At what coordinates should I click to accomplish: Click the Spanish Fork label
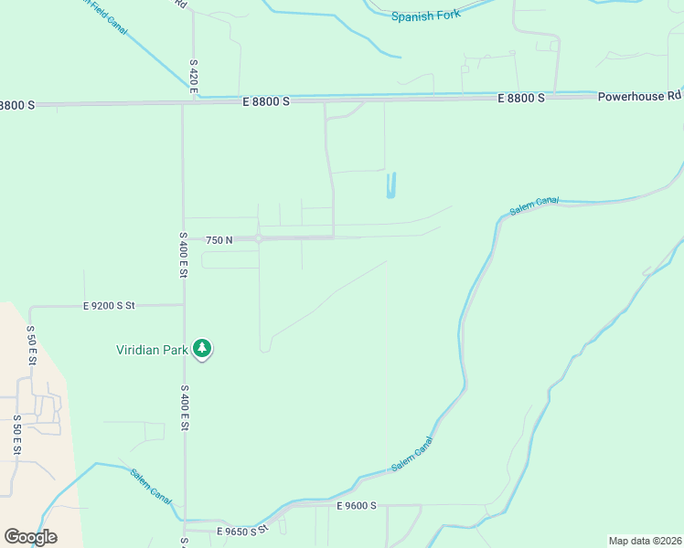tap(426, 16)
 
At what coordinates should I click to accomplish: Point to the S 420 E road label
tap(194, 76)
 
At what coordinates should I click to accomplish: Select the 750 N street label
tap(219, 240)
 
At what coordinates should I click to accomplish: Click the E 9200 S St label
tap(108, 306)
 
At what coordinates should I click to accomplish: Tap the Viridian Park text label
tap(152, 349)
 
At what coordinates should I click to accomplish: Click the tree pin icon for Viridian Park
tap(202, 349)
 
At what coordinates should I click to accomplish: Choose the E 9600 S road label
tap(357, 505)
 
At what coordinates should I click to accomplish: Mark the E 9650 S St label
tap(241, 530)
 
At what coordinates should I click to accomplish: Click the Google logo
tap(30, 537)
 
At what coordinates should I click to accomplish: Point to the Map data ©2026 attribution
tap(645, 541)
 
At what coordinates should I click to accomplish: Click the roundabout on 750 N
tap(260, 239)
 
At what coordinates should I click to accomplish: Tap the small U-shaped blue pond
tap(391, 185)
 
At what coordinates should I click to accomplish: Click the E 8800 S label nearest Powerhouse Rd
tap(521, 97)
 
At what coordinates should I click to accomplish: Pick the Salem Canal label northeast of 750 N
tap(534, 206)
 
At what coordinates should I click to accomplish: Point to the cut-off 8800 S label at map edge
tap(17, 105)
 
